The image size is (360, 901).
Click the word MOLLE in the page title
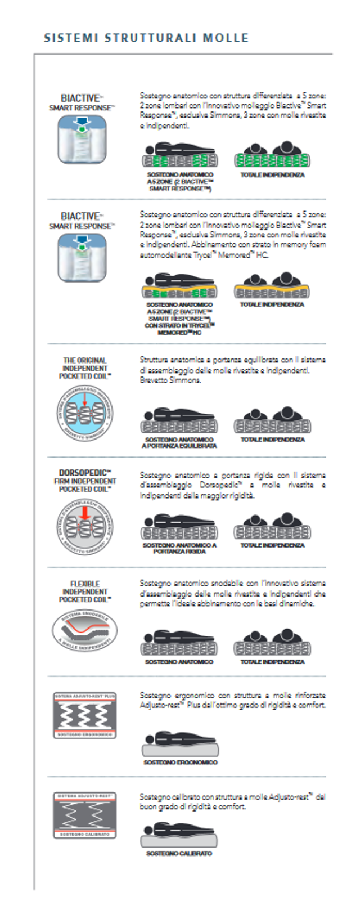(x=226, y=38)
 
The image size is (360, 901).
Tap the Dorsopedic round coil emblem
(x=85, y=526)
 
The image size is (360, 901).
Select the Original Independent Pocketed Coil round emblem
(x=85, y=413)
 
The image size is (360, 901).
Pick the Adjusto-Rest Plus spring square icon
(x=85, y=715)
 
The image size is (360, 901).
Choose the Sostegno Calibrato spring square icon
(x=85, y=815)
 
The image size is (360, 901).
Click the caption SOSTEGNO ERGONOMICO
(x=180, y=762)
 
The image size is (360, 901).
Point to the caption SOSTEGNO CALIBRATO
(x=179, y=854)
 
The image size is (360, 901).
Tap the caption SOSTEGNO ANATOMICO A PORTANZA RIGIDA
(x=179, y=548)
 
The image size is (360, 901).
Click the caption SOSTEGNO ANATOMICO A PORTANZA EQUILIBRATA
(x=179, y=442)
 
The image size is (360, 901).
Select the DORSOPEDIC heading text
(x=85, y=473)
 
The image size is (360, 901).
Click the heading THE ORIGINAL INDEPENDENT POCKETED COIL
(x=85, y=368)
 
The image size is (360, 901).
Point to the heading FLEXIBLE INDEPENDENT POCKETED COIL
(x=85, y=591)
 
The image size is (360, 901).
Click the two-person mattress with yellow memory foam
(x=272, y=286)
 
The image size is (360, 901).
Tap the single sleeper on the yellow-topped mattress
(x=179, y=286)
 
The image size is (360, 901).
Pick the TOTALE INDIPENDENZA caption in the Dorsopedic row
(x=272, y=545)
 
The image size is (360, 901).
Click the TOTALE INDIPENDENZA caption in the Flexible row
(x=272, y=662)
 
